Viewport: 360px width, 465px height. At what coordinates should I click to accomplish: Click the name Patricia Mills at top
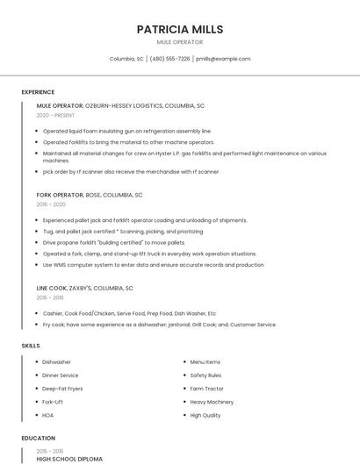pos(179,29)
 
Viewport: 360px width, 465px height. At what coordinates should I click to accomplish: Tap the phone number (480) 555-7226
pos(169,59)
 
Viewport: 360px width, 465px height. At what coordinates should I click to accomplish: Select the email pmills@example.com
pos(223,59)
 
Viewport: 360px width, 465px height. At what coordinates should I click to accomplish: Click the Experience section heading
pos(38,92)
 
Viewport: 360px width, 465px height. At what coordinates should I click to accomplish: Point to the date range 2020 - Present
pos(55,115)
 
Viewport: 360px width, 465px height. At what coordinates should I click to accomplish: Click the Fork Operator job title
pos(59,195)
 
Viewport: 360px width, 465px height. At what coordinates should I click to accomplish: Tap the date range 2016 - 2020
pos(51,204)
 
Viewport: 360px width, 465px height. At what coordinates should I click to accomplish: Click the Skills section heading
pos(31,346)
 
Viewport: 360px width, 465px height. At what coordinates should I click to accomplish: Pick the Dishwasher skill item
pos(57,361)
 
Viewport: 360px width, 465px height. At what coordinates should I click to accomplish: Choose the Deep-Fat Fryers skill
pos(62,388)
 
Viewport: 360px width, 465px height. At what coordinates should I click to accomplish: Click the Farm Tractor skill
pos(207,388)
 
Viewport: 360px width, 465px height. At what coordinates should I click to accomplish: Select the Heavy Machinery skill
pos(212,401)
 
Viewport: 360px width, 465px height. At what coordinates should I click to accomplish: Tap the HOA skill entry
pos(48,415)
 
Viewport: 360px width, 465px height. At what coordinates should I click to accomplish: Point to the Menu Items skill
pos(205,361)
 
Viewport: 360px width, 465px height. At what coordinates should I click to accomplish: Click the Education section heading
pos(38,438)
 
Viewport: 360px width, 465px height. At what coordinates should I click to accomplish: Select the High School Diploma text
pos(69,459)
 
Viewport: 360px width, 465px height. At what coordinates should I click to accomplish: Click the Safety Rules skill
pos(206,375)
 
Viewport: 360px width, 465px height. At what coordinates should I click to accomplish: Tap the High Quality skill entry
pos(205,415)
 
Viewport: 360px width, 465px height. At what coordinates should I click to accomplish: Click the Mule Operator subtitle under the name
pos(179,42)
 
